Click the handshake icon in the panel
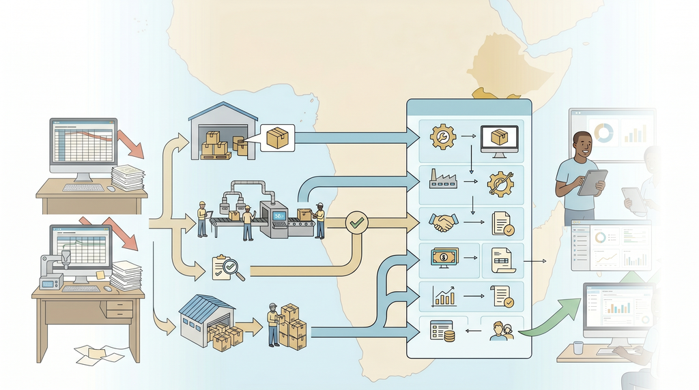click(x=444, y=222)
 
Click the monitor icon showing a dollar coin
click(x=443, y=258)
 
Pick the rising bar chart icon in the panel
click(x=444, y=295)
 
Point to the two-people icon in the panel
click(x=501, y=331)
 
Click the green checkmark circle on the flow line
click(x=357, y=222)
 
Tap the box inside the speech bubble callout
click(x=276, y=138)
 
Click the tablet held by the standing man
click(x=592, y=182)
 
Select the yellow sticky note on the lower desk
click(x=100, y=274)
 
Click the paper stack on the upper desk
click(x=128, y=178)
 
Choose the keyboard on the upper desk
click(x=83, y=187)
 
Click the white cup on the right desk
click(x=578, y=348)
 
